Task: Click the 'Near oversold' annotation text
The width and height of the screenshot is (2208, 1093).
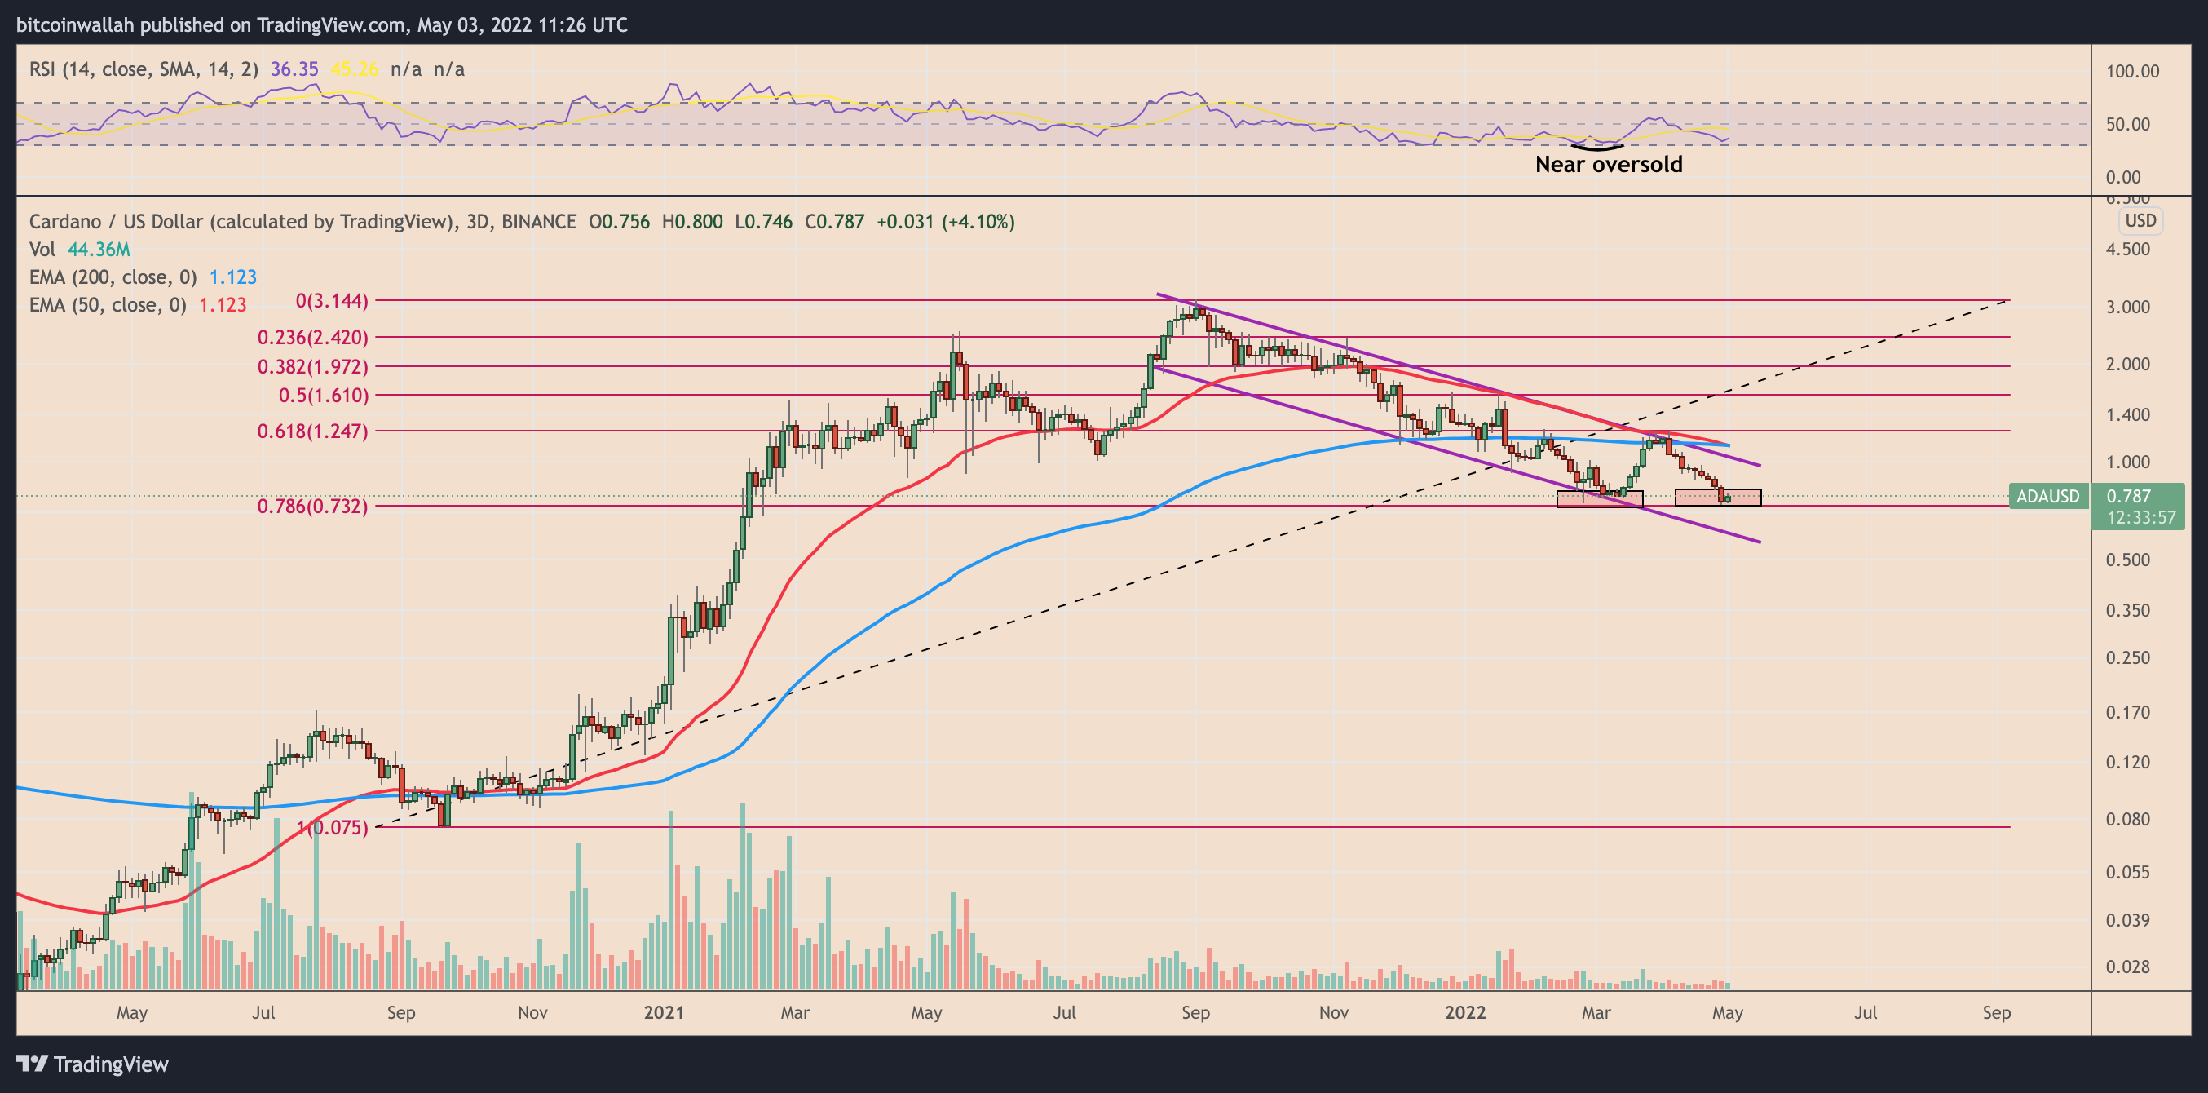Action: [1608, 165]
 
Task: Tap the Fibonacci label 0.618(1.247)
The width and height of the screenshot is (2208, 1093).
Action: [312, 431]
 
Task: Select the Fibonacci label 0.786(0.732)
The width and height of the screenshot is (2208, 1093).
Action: [312, 507]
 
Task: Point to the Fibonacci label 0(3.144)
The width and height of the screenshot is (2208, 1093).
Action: [332, 301]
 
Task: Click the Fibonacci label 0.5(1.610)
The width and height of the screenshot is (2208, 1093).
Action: [323, 396]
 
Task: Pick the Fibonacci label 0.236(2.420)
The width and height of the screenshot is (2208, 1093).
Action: [312, 338]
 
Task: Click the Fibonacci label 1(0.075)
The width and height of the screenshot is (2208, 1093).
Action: [333, 828]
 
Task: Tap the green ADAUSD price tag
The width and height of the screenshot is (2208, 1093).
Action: [2047, 497]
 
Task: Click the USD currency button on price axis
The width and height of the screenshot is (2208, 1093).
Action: [2140, 221]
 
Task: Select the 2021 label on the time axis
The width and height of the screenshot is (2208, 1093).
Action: [664, 1012]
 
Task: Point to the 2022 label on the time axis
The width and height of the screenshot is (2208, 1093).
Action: [1465, 1012]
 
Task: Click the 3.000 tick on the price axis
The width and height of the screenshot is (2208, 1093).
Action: [2127, 307]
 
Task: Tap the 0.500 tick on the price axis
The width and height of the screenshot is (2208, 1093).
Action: [2127, 560]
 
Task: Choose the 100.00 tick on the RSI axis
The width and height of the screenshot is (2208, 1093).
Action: [2131, 71]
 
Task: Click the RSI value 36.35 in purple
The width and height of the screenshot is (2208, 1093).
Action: [294, 69]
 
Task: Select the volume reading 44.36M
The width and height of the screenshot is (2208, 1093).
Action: [99, 250]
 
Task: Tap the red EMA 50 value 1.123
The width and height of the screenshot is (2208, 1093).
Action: [222, 305]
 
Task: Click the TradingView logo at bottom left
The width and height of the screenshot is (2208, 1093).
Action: [93, 1064]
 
